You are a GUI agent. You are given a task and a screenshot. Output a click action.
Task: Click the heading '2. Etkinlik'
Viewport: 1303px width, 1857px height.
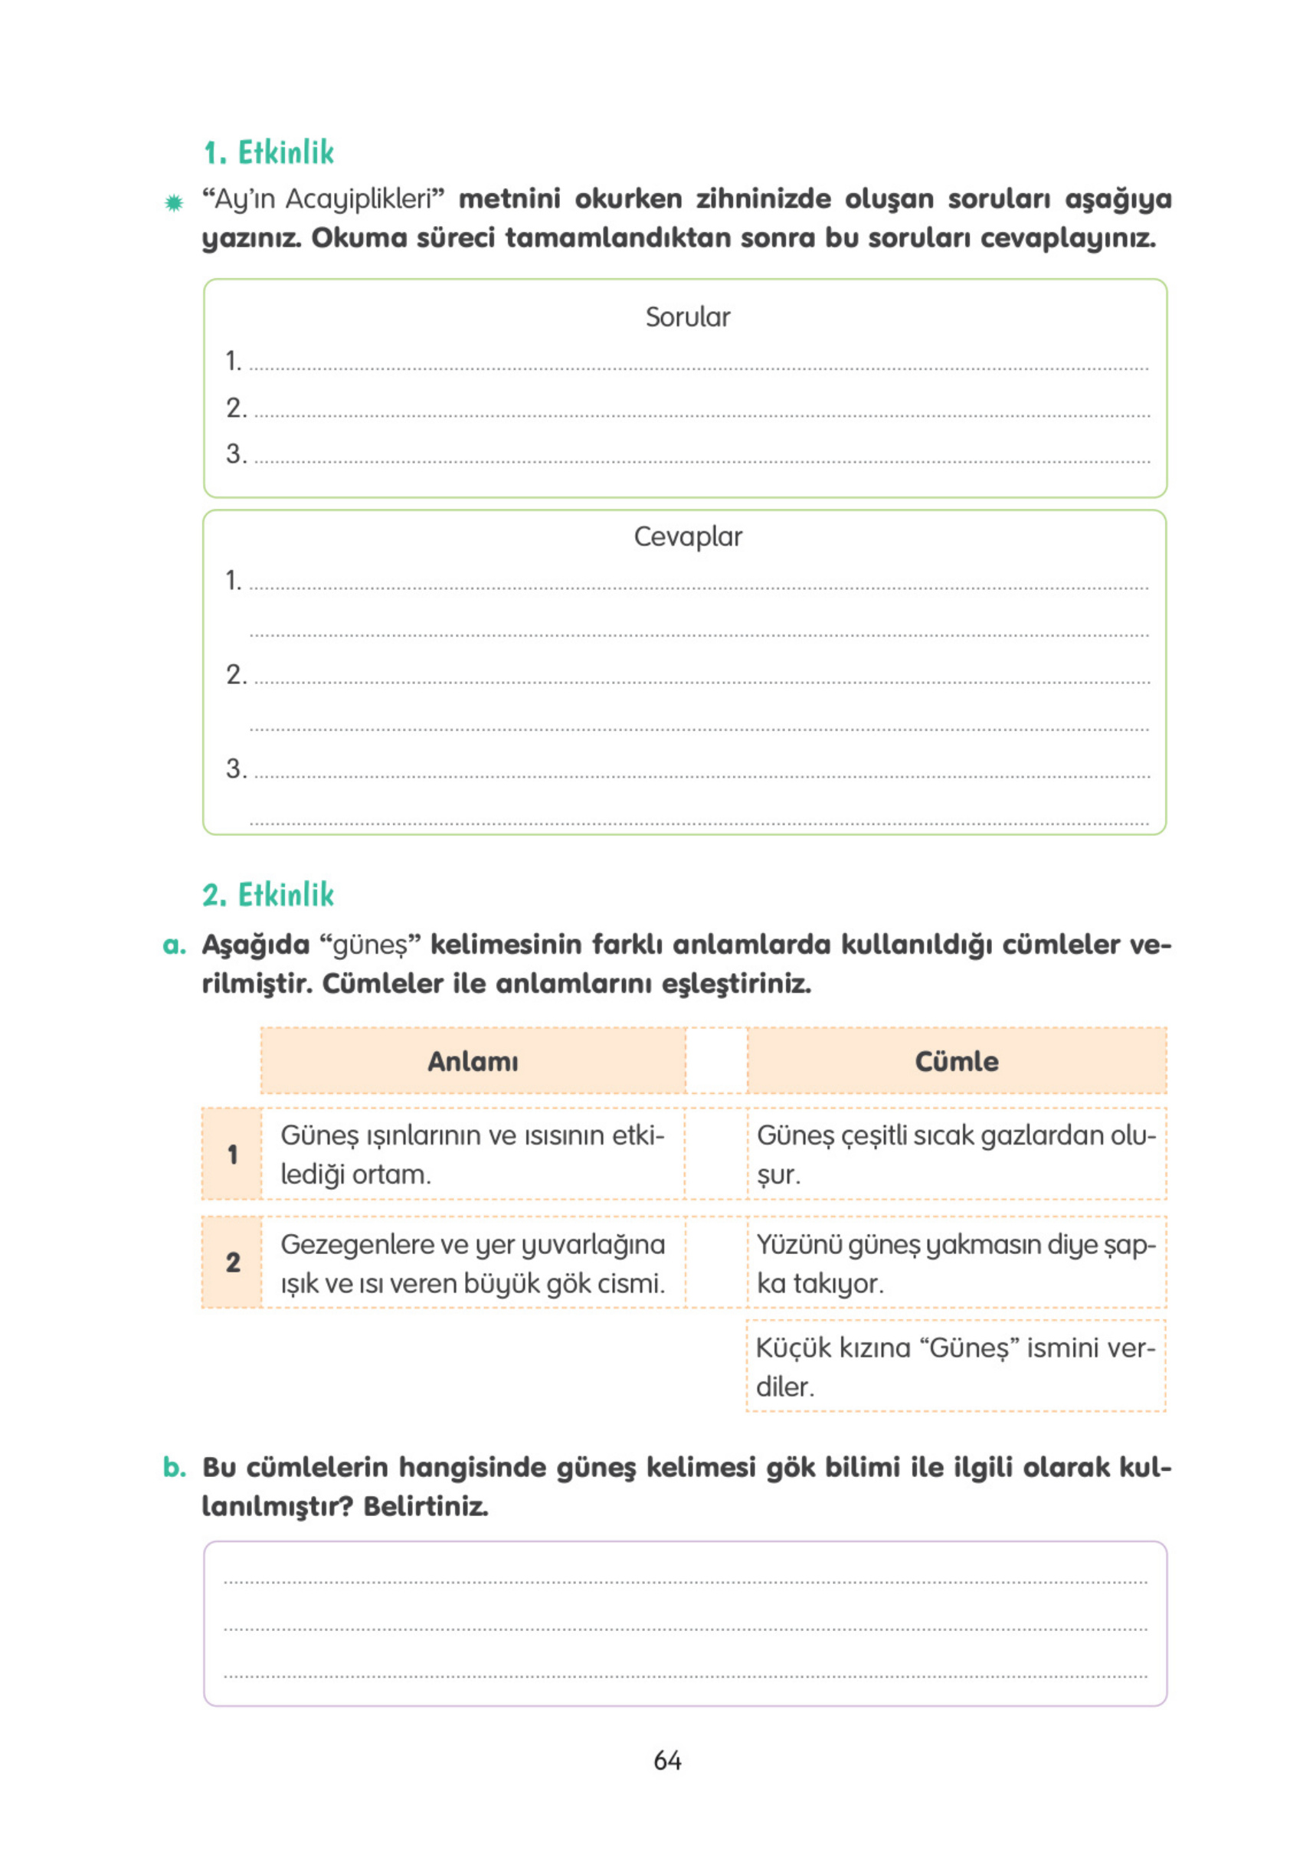pos(267,895)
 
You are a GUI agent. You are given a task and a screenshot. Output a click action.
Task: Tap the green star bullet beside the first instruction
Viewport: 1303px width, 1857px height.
pos(173,202)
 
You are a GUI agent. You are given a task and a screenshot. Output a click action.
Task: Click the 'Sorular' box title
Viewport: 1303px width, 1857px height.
pos(686,316)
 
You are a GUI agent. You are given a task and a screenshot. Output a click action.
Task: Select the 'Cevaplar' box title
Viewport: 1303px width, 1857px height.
pos(686,535)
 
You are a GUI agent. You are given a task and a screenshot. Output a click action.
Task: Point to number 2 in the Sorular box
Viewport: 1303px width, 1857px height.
pos(235,407)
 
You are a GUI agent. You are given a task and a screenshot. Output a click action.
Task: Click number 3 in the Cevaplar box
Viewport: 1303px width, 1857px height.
pos(235,768)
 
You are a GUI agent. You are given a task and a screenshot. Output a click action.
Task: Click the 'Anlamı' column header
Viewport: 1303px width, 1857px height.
pos(473,1060)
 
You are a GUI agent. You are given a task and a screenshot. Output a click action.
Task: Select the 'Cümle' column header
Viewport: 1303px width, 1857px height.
pos(956,1060)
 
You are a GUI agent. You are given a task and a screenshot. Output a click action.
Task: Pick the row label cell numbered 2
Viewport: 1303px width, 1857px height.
pos(232,1262)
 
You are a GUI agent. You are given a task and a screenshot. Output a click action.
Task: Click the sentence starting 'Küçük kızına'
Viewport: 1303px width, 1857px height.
pos(954,1366)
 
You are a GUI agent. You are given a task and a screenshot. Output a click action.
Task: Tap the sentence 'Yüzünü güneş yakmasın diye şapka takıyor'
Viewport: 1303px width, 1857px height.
pos(954,1263)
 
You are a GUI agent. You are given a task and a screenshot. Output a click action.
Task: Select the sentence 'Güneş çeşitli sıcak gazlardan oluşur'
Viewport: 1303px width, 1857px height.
pos(954,1154)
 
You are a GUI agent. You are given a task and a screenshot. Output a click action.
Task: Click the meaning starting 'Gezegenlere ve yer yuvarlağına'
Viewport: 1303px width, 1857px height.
pos(473,1263)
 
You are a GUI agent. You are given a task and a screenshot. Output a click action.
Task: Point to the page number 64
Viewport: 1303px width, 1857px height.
pos(667,1760)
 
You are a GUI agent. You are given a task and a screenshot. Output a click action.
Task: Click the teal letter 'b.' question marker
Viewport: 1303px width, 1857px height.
pos(174,1466)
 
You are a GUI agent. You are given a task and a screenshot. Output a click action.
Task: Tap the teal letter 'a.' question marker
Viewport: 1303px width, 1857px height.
pos(174,944)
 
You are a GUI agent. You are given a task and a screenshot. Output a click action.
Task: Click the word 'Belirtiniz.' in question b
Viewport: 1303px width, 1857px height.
pos(425,1506)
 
